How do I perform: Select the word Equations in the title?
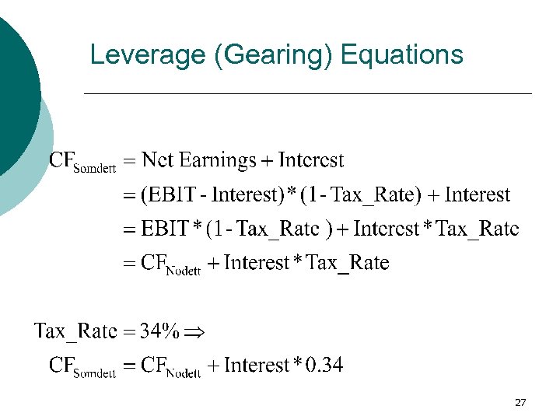402,55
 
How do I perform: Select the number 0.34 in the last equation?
324,366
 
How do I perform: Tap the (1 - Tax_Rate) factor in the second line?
364,195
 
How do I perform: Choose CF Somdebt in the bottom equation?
82,367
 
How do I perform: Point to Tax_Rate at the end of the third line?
478,229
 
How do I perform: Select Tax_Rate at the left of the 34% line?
75,332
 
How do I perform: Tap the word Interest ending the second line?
478,195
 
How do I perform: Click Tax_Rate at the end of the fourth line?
348,264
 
